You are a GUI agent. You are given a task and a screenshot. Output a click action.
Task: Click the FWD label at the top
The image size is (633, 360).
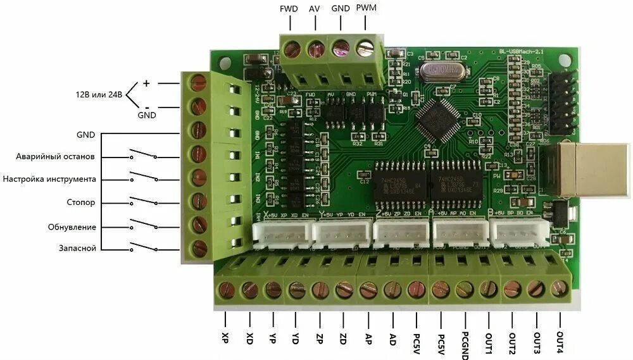click(x=289, y=9)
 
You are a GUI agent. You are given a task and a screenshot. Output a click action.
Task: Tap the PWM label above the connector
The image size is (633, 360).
click(x=366, y=8)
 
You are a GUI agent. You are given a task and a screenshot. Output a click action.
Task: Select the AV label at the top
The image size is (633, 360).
click(x=314, y=9)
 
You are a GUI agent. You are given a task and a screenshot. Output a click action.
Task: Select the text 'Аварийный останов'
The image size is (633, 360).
click(x=56, y=156)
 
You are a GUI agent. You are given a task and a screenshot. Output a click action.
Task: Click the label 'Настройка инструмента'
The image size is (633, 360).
click(x=49, y=179)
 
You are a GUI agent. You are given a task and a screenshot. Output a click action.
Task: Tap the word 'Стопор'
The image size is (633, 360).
click(x=80, y=203)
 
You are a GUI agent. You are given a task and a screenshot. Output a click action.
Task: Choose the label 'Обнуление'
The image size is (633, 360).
click(x=72, y=227)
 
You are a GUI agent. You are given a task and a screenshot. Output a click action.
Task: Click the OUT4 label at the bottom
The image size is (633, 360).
click(x=559, y=342)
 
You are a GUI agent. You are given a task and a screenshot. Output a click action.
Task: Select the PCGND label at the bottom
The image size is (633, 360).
click(x=464, y=345)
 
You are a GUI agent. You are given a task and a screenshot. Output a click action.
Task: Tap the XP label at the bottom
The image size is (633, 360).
click(x=225, y=337)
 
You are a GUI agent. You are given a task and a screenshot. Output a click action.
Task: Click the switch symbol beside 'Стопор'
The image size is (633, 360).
click(x=144, y=202)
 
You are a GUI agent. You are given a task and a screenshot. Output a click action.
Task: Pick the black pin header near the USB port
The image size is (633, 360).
click(x=563, y=97)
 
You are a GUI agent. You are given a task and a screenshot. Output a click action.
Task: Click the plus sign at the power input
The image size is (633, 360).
click(x=146, y=83)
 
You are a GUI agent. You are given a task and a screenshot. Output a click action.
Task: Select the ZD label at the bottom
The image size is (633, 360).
click(x=342, y=337)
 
